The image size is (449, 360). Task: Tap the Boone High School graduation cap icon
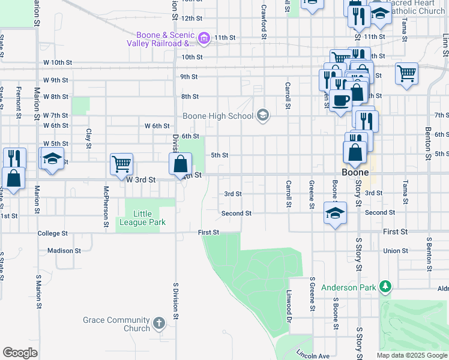(x=262, y=115)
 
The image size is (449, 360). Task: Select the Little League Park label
(x=142, y=218)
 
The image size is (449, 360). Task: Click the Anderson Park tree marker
(x=384, y=287)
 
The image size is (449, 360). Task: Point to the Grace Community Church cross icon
(x=159, y=324)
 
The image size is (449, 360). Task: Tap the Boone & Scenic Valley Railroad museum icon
(x=203, y=39)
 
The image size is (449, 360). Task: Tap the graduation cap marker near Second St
(x=335, y=212)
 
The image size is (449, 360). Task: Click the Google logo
(x=20, y=353)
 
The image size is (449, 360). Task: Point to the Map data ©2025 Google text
(x=411, y=355)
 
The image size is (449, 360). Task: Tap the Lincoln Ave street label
(x=313, y=355)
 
